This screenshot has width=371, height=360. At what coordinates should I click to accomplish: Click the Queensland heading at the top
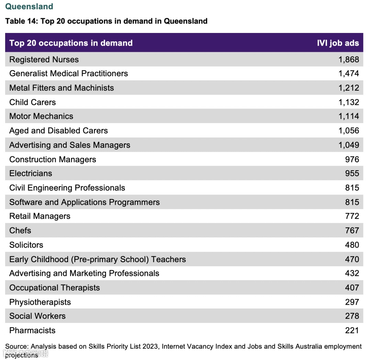coord(29,7)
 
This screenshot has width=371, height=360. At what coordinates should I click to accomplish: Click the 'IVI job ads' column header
coord(338,43)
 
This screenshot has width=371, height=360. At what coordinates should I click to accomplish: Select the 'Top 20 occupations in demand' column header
coord(71,43)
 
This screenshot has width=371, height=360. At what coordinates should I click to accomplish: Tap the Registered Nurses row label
coord(44,59)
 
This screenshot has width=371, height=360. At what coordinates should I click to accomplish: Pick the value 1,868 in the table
coord(348,59)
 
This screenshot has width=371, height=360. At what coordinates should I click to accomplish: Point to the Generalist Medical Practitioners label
coord(68,73)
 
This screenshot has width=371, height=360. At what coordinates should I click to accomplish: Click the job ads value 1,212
coord(348,88)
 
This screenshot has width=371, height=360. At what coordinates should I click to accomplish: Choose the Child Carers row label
coord(32,102)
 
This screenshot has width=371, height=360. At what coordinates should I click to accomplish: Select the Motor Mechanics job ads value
coord(348,116)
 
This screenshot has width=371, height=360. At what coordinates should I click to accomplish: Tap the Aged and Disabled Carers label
coord(58,131)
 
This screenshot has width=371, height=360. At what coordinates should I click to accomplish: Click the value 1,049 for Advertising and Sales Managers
coord(348,145)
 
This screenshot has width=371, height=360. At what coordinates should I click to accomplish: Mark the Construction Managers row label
coord(53,160)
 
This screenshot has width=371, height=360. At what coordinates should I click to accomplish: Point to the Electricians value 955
coord(352,173)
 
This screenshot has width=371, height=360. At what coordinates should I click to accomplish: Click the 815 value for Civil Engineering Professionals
coord(352,188)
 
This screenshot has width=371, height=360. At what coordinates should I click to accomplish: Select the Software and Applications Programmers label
coord(85,202)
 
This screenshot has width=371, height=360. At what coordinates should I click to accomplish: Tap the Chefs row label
coord(20,231)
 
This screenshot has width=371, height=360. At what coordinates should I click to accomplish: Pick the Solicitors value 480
coord(352,245)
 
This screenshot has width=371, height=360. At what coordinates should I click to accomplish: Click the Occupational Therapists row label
coord(55,288)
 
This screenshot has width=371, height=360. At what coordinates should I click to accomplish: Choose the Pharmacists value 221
coord(352,330)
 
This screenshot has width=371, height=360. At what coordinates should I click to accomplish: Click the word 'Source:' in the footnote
coord(17,347)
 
